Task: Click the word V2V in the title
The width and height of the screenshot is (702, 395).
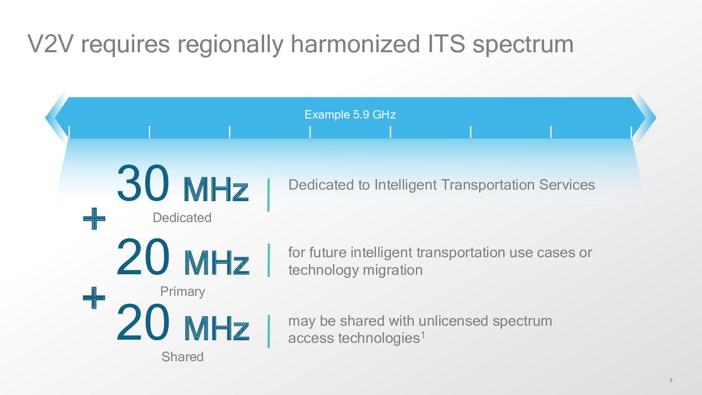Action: pos(50,44)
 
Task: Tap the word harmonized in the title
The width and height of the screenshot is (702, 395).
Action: pos(355,44)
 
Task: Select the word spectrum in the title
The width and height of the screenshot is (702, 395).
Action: pos(523,46)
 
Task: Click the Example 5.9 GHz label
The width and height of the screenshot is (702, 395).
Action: pos(350,115)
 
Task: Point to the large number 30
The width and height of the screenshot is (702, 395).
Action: pos(143,183)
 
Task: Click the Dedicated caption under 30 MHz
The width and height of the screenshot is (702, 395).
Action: pos(182,218)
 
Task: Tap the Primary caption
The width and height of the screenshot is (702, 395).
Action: pos(183,291)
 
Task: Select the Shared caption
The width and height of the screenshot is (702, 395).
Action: pos(183,356)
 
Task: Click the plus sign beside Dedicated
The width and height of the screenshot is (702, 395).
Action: pos(94,219)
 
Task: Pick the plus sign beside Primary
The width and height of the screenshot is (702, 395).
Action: pos(94,298)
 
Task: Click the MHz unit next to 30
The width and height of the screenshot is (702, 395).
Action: pos(216,189)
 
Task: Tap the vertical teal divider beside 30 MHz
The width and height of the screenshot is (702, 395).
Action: pos(269,195)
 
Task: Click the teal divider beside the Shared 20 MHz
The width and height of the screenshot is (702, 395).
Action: pos(269,331)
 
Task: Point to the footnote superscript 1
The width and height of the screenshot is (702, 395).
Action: pos(423,335)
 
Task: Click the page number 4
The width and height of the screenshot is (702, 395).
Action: pos(671,380)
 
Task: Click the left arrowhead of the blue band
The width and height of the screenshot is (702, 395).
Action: pos(57,118)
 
